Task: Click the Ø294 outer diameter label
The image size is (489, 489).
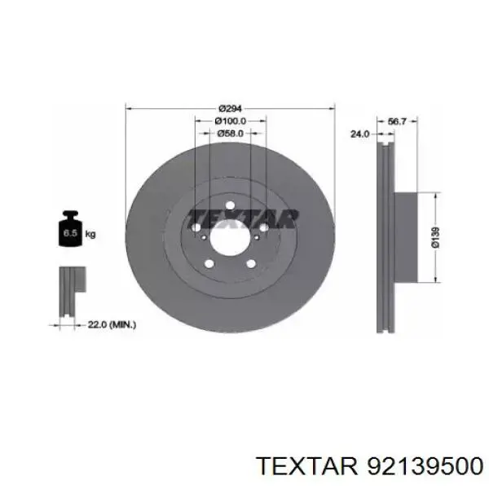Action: pos(230,109)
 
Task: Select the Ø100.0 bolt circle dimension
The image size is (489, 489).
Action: pos(231,121)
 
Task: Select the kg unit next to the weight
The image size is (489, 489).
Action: pos(90,234)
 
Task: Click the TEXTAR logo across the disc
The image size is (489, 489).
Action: pos(243,218)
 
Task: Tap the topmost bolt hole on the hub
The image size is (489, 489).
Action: pos(230,205)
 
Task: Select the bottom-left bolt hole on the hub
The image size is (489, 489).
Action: pos(209,262)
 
